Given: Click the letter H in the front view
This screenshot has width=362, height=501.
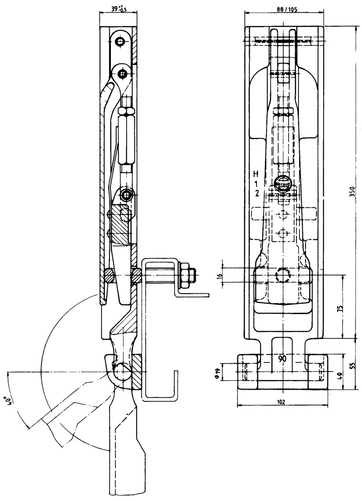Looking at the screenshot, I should click(x=256, y=174).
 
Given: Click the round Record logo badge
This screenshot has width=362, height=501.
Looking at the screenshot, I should click(x=283, y=184).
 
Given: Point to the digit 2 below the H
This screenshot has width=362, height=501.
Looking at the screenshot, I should click(x=256, y=193).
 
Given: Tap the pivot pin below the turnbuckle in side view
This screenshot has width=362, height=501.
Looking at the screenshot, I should click(x=126, y=196).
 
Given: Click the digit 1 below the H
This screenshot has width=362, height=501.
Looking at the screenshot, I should click(x=256, y=184).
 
